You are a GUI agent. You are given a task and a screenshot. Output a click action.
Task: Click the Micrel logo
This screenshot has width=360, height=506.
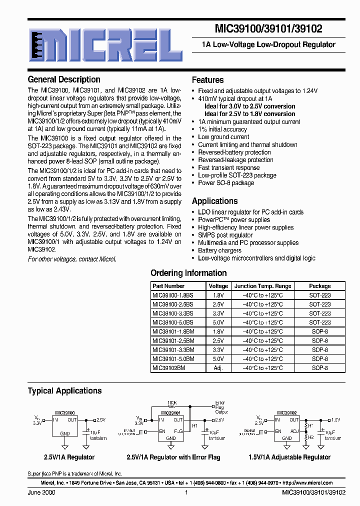105,45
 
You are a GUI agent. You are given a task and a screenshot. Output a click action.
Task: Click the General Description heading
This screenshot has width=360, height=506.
64,79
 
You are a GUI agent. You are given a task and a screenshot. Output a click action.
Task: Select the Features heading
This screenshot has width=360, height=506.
208,80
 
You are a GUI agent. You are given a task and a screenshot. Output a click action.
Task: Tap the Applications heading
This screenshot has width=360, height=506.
215,201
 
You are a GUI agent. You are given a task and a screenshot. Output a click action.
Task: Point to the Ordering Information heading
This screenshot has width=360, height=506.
188,273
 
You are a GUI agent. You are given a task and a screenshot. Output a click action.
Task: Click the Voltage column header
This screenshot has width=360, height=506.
218,286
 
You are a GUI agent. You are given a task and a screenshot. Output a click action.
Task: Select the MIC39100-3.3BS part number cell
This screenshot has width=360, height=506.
172,313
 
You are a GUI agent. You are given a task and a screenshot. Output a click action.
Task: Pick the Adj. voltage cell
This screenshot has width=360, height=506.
218,367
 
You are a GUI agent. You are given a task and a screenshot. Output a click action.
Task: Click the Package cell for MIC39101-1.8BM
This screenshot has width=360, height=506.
319,331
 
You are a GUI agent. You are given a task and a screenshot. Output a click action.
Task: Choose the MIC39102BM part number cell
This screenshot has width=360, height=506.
168,367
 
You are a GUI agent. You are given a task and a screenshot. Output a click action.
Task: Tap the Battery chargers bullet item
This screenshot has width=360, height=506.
219,250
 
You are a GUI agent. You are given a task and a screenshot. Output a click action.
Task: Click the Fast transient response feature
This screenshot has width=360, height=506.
229,168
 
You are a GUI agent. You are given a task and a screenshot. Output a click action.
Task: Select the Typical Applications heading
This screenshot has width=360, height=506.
64,391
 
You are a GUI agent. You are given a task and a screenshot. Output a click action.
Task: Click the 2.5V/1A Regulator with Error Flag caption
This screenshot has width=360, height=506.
173,457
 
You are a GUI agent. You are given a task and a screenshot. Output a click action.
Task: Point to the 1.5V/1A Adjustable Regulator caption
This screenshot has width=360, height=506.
289,457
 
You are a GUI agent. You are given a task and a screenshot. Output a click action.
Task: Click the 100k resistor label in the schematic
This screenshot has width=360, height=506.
172,402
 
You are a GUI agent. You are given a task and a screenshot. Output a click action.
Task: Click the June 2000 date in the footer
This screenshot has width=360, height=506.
41,492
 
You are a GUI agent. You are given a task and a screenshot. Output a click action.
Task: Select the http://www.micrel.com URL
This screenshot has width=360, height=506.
307,483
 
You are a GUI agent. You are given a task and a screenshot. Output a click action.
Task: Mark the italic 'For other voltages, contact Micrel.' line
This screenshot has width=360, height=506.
72,259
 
